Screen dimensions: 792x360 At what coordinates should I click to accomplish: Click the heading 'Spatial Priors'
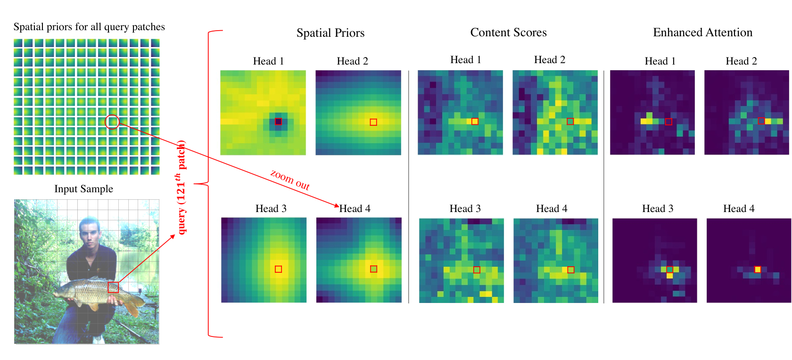click(330, 33)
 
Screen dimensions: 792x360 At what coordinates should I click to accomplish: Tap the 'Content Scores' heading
click(508, 33)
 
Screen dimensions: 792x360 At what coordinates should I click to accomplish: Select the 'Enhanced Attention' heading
click(702, 33)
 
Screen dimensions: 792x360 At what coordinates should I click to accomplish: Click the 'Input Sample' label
click(83, 189)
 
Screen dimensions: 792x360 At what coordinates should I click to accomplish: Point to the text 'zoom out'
click(290, 180)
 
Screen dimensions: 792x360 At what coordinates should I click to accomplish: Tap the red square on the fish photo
click(113, 287)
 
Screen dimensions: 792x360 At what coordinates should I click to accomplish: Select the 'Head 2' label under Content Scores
click(550, 60)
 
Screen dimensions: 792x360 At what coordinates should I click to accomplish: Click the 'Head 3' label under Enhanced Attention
click(658, 208)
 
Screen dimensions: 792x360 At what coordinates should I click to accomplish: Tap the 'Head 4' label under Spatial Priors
click(355, 208)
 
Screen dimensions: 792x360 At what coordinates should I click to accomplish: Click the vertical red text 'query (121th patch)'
click(181, 187)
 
